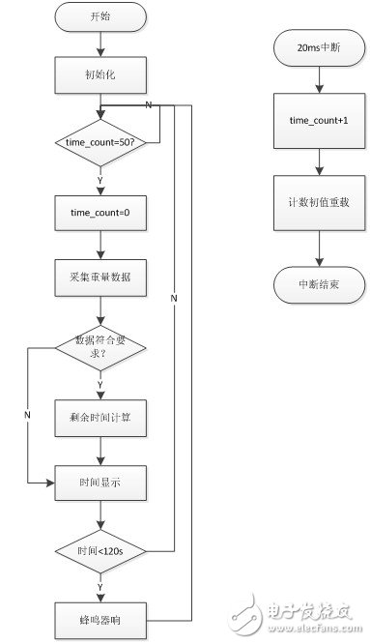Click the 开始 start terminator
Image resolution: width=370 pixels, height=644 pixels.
click(x=101, y=17)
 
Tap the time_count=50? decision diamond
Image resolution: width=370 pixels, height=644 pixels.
click(x=101, y=143)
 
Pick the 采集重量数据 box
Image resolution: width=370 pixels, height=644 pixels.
click(x=101, y=277)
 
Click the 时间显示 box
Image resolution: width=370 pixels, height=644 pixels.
click(x=101, y=481)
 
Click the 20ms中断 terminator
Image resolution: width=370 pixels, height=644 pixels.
click(x=318, y=46)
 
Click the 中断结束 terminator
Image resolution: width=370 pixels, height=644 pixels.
click(x=318, y=285)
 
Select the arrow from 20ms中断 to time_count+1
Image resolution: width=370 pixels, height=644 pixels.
click(x=318, y=76)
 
